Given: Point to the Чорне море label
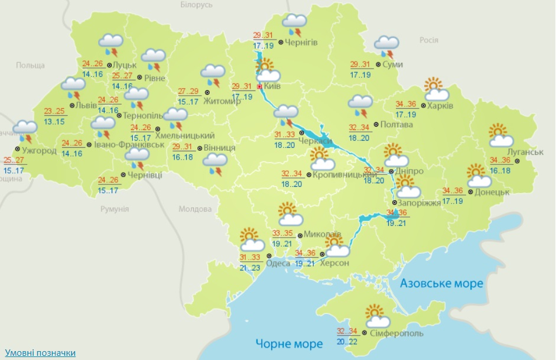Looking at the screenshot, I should coord(290,343).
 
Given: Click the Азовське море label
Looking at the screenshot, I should coord(441,284).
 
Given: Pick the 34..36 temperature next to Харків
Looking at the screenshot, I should coord(405,104).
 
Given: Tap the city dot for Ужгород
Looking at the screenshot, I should coord(18,150).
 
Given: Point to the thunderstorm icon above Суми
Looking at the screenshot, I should coord(387,46).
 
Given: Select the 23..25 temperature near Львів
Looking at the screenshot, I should coord(55,111).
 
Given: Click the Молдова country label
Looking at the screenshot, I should coord(195,209).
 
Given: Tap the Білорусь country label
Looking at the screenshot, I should coord(196,5).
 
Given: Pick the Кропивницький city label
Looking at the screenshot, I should coord(345,174).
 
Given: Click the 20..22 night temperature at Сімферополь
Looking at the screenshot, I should coord(347,341).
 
